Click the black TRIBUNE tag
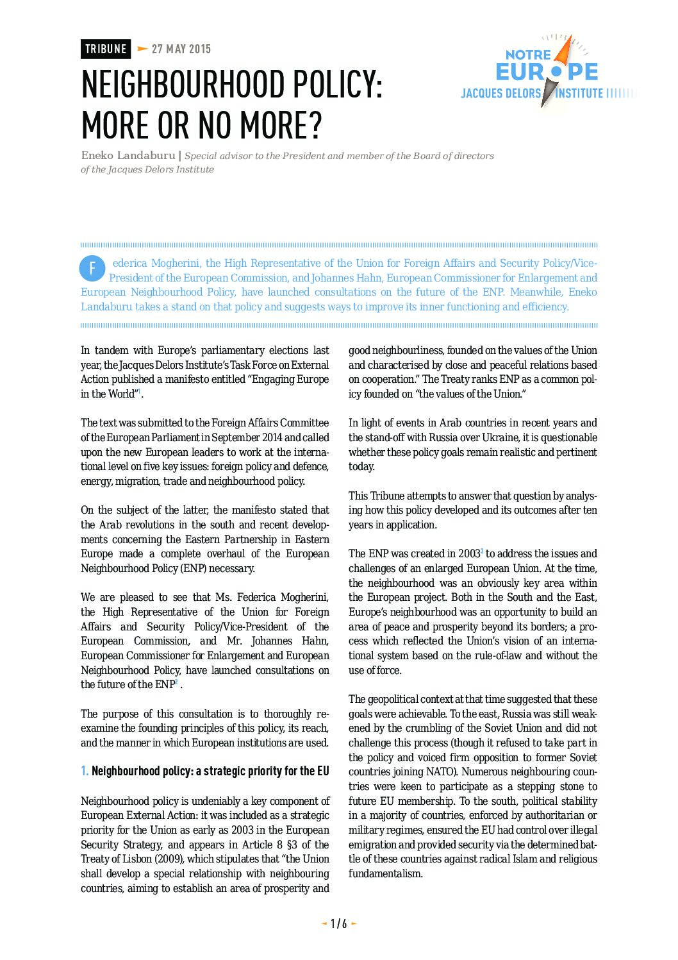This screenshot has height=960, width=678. click(x=106, y=49)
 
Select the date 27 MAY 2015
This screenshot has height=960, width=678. click(x=181, y=49)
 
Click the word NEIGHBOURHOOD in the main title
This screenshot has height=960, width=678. click(x=183, y=85)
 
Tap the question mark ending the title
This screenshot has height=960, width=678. click(x=315, y=125)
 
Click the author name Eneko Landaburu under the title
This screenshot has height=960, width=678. click(x=128, y=155)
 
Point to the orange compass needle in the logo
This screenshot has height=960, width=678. click(x=563, y=55)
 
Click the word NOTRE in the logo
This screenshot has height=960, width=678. click(x=528, y=55)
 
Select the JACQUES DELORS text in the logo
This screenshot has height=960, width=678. click(x=500, y=94)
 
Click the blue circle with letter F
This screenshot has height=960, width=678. click(x=92, y=269)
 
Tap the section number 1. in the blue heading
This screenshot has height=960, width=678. click(x=85, y=771)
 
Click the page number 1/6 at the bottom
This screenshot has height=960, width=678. click(x=338, y=923)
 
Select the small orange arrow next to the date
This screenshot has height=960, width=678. click(x=142, y=49)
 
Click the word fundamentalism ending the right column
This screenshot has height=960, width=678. click(x=384, y=873)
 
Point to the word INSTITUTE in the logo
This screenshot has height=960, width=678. click(x=579, y=94)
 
